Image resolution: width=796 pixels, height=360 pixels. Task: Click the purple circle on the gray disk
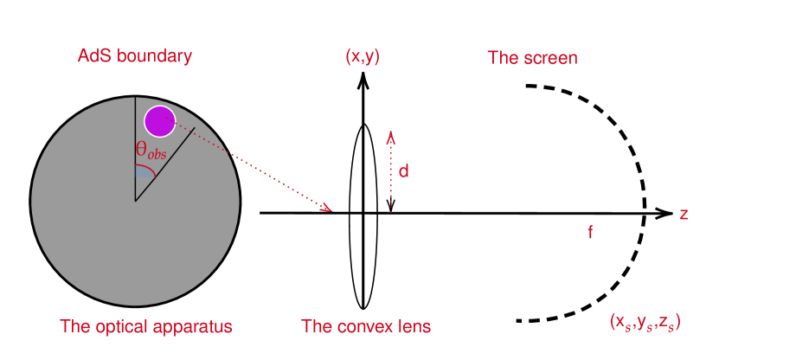point(159,121)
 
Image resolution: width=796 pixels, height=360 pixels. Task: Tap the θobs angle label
point(150,150)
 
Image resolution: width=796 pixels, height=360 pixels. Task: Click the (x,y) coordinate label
point(363,57)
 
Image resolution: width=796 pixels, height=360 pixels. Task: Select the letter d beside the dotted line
point(403,171)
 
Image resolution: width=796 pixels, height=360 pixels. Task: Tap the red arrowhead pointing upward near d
point(391,137)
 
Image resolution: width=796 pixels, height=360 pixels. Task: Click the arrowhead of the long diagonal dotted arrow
point(326,207)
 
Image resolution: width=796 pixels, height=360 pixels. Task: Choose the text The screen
point(532,59)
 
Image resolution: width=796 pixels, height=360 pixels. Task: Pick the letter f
point(590,232)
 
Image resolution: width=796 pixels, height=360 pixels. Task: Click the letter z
point(684,214)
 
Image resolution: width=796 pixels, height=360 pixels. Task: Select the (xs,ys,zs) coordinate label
point(645,321)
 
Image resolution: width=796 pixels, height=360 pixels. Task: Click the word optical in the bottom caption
point(128,327)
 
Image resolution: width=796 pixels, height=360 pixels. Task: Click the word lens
point(414,326)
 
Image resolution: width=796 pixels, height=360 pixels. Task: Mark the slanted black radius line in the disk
point(164,164)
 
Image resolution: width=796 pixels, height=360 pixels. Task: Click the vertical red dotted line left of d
point(391,182)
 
